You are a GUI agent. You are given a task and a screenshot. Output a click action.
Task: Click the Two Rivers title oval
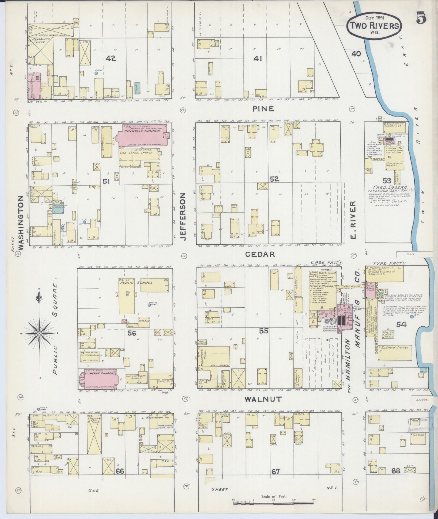pos(374,26)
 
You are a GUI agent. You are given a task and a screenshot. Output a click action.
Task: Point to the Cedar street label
pos(260,254)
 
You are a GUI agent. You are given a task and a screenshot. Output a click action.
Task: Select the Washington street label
pos(21,222)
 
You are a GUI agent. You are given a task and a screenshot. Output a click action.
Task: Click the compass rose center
pos(39,333)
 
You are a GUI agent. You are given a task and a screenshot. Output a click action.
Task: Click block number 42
pos(111,58)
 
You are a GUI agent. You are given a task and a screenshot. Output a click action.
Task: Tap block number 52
pos(275,179)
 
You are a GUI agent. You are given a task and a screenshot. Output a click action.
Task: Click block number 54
pos(401,324)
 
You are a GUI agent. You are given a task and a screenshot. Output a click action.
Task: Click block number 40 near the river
pos(356,54)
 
